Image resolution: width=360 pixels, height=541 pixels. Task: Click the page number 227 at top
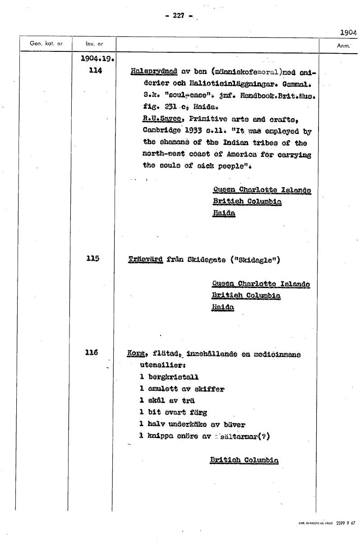(x=179, y=15)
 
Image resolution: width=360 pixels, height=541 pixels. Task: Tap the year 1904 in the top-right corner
(x=347, y=33)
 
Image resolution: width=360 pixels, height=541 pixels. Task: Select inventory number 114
(x=96, y=70)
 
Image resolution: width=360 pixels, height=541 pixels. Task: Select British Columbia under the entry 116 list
(x=244, y=460)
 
